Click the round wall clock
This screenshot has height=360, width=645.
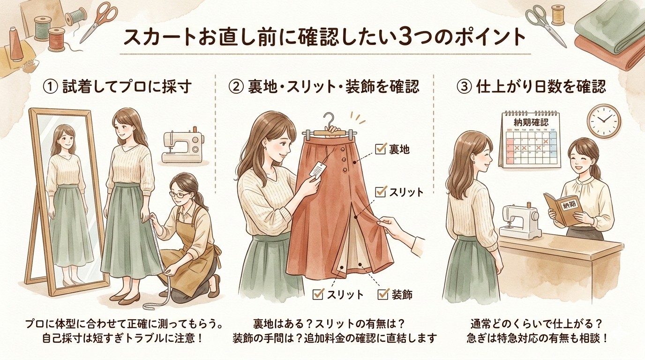point(604,121)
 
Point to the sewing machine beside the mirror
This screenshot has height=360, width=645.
point(183,147)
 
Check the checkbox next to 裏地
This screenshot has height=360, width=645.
point(380,150)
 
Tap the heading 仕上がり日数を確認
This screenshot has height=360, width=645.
point(547,87)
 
